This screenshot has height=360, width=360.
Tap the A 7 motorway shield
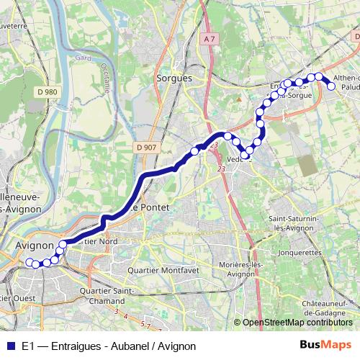click(x=210, y=38)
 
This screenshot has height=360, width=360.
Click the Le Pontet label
click(x=150, y=207)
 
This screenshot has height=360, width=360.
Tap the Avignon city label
click(x=34, y=246)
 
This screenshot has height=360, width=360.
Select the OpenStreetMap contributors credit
click(x=297, y=323)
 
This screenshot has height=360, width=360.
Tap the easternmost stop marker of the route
click(x=332, y=86)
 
